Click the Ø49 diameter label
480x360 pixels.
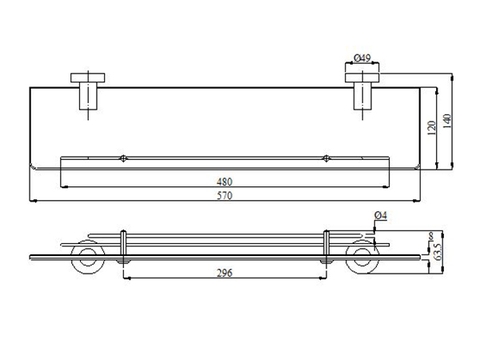363,59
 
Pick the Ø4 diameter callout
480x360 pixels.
380,215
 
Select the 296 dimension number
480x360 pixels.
224,273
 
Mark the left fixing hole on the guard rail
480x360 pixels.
122,158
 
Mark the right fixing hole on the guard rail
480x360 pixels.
326,158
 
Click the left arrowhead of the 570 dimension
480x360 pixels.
34,202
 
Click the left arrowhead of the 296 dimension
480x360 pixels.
125,279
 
